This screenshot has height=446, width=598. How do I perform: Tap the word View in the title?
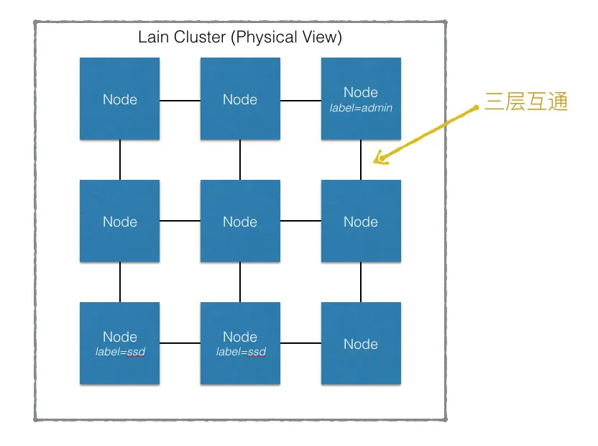click(x=321, y=37)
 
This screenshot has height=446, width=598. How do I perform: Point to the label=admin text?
click(x=361, y=108)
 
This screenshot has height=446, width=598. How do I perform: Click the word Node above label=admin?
click(x=361, y=92)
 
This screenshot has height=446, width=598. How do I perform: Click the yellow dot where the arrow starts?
click(x=476, y=108)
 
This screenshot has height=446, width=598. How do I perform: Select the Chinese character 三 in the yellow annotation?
click(x=494, y=101)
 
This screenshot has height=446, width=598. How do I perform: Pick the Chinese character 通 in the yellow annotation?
click(x=558, y=101)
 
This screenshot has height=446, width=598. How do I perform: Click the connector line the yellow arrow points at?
click(x=361, y=160)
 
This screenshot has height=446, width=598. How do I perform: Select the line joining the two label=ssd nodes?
click(x=180, y=343)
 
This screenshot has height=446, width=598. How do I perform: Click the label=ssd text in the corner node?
click(x=120, y=352)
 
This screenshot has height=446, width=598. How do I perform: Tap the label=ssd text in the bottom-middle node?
click(x=241, y=352)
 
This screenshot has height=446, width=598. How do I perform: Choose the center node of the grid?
click(x=240, y=221)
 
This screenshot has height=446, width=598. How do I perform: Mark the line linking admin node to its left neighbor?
click(x=300, y=101)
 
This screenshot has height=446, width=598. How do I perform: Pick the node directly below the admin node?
click(x=361, y=221)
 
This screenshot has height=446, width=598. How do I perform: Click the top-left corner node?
click(x=120, y=99)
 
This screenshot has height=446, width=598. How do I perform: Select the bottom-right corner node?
click(x=361, y=343)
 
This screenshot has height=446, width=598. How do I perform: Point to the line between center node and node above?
click(x=240, y=160)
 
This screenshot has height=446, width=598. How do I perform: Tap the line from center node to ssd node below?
click(x=240, y=282)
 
